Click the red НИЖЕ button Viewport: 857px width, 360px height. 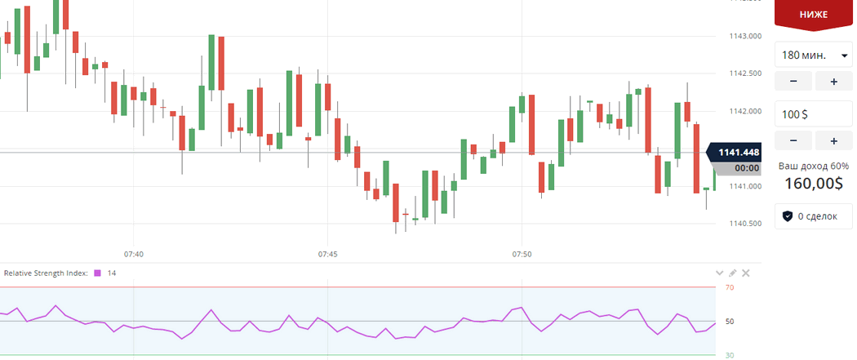click(x=815, y=15)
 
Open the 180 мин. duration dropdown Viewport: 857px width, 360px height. click(x=814, y=56)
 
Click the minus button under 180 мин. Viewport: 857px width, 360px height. click(x=793, y=81)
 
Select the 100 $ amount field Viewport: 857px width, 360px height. click(x=814, y=114)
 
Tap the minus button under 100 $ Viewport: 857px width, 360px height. click(x=793, y=141)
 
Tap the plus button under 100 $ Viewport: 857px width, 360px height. click(x=833, y=141)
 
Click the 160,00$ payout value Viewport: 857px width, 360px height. click(x=813, y=184)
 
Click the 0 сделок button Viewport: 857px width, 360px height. click(x=814, y=216)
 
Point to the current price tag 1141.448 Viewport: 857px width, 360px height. click(x=738, y=152)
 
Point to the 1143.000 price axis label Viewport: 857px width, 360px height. click(x=744, y=36)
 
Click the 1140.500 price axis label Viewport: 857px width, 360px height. click(x=744, y=224)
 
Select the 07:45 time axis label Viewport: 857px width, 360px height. click(x=327, y=255)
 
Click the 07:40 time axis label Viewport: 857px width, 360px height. click(x=134, y=255)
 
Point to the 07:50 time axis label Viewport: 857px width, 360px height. click(x=522, y=255)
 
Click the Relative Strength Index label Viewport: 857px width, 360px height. click(x=46, y=273)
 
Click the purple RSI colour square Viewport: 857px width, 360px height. click(x=97, y=273)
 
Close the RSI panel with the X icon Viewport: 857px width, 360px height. click(x=745, y=273)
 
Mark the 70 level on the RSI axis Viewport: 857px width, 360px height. click(x=730, y=287)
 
